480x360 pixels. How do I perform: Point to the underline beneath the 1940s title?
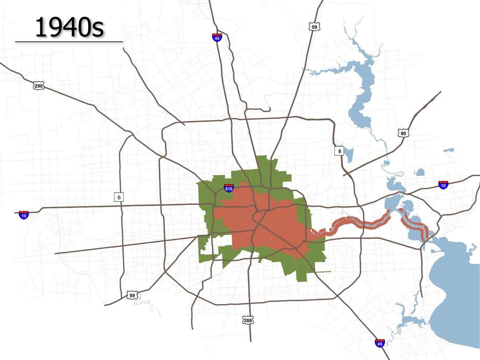(69, 41)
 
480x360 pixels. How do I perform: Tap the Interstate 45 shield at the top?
(217, 37)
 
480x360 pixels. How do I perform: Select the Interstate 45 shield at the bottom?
(380, 343)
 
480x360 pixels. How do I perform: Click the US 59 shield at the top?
(314, 26)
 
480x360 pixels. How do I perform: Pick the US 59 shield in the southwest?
(133, 296)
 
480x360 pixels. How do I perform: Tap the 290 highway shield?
(38, 85)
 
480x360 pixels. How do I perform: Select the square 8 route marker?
(339, 151)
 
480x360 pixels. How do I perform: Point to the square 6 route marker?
(119, 197)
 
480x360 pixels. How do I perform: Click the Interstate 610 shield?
(229, 187)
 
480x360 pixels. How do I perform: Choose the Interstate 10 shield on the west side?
(23, 214)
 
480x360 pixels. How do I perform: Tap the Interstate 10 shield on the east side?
(443, 185)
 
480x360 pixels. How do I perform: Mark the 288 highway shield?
(248, 319)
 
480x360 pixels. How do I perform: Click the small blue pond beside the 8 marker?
(349, 154)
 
